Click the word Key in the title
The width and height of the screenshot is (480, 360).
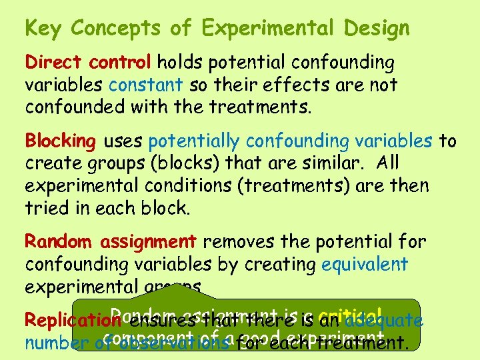click(x=43, y=29)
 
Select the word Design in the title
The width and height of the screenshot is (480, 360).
click(x=377, y=29)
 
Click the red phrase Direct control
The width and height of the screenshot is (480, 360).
click(x=88, y=63)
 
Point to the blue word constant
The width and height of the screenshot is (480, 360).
click(x=146, y=85)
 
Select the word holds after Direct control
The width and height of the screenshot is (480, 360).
click(x=180, y=63)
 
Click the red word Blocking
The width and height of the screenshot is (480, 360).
click(x=61, y=141)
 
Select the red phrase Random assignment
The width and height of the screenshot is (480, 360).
click(x=110, y=241)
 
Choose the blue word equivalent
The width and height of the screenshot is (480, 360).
click(x=364, y=263)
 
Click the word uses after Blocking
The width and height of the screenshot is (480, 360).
click(x=123, y=141)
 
